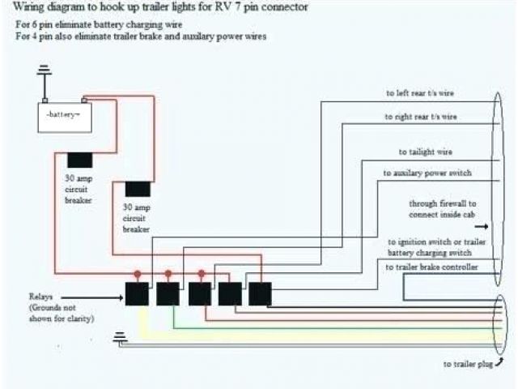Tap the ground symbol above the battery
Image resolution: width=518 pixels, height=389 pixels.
click(45, 77)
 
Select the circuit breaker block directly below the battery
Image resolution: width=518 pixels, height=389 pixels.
click(79, 160)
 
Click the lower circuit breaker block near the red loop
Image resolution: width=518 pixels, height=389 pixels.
click(138, 190)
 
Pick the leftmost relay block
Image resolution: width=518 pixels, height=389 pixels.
click(137, 295)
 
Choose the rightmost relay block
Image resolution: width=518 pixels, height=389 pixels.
click(260, 294)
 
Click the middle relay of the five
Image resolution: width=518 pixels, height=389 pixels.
click(199, 295)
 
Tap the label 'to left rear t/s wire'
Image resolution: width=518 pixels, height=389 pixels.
click(419, 93)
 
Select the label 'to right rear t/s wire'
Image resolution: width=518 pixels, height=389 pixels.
click(421, 118)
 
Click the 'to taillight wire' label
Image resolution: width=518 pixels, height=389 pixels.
click(425, 152)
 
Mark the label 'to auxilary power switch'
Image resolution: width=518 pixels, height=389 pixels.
click(427, 173)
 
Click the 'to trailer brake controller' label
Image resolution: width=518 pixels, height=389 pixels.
click(431, 267)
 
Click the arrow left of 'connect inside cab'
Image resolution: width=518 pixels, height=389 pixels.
click(401, 215)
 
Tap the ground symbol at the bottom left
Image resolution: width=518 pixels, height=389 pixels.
click(121, 338)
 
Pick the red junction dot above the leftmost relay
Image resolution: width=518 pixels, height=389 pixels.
click(138, 273)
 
